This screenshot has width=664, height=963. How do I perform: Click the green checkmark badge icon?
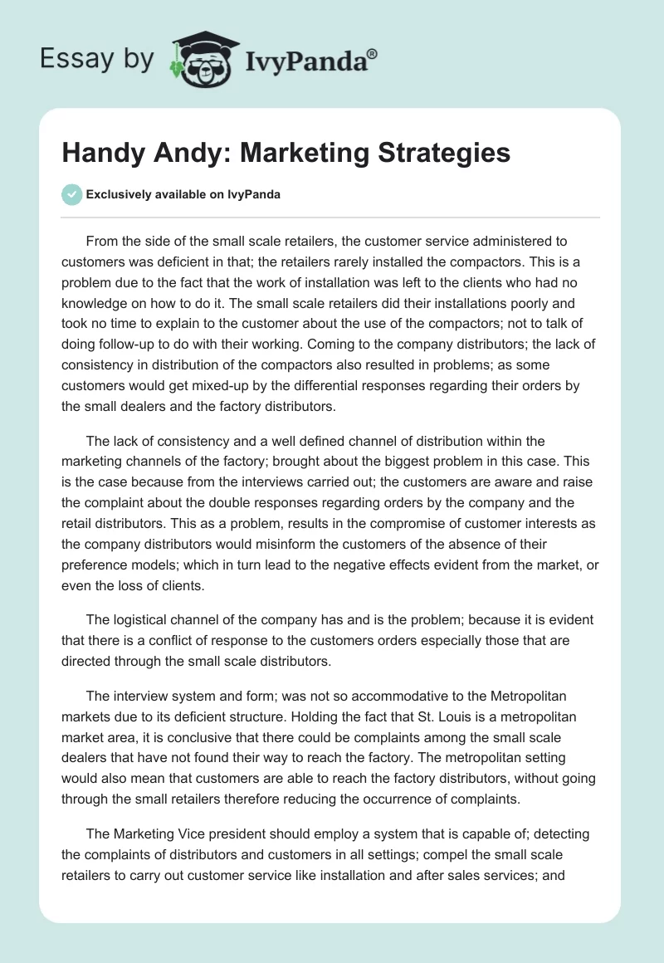(71, 194)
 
